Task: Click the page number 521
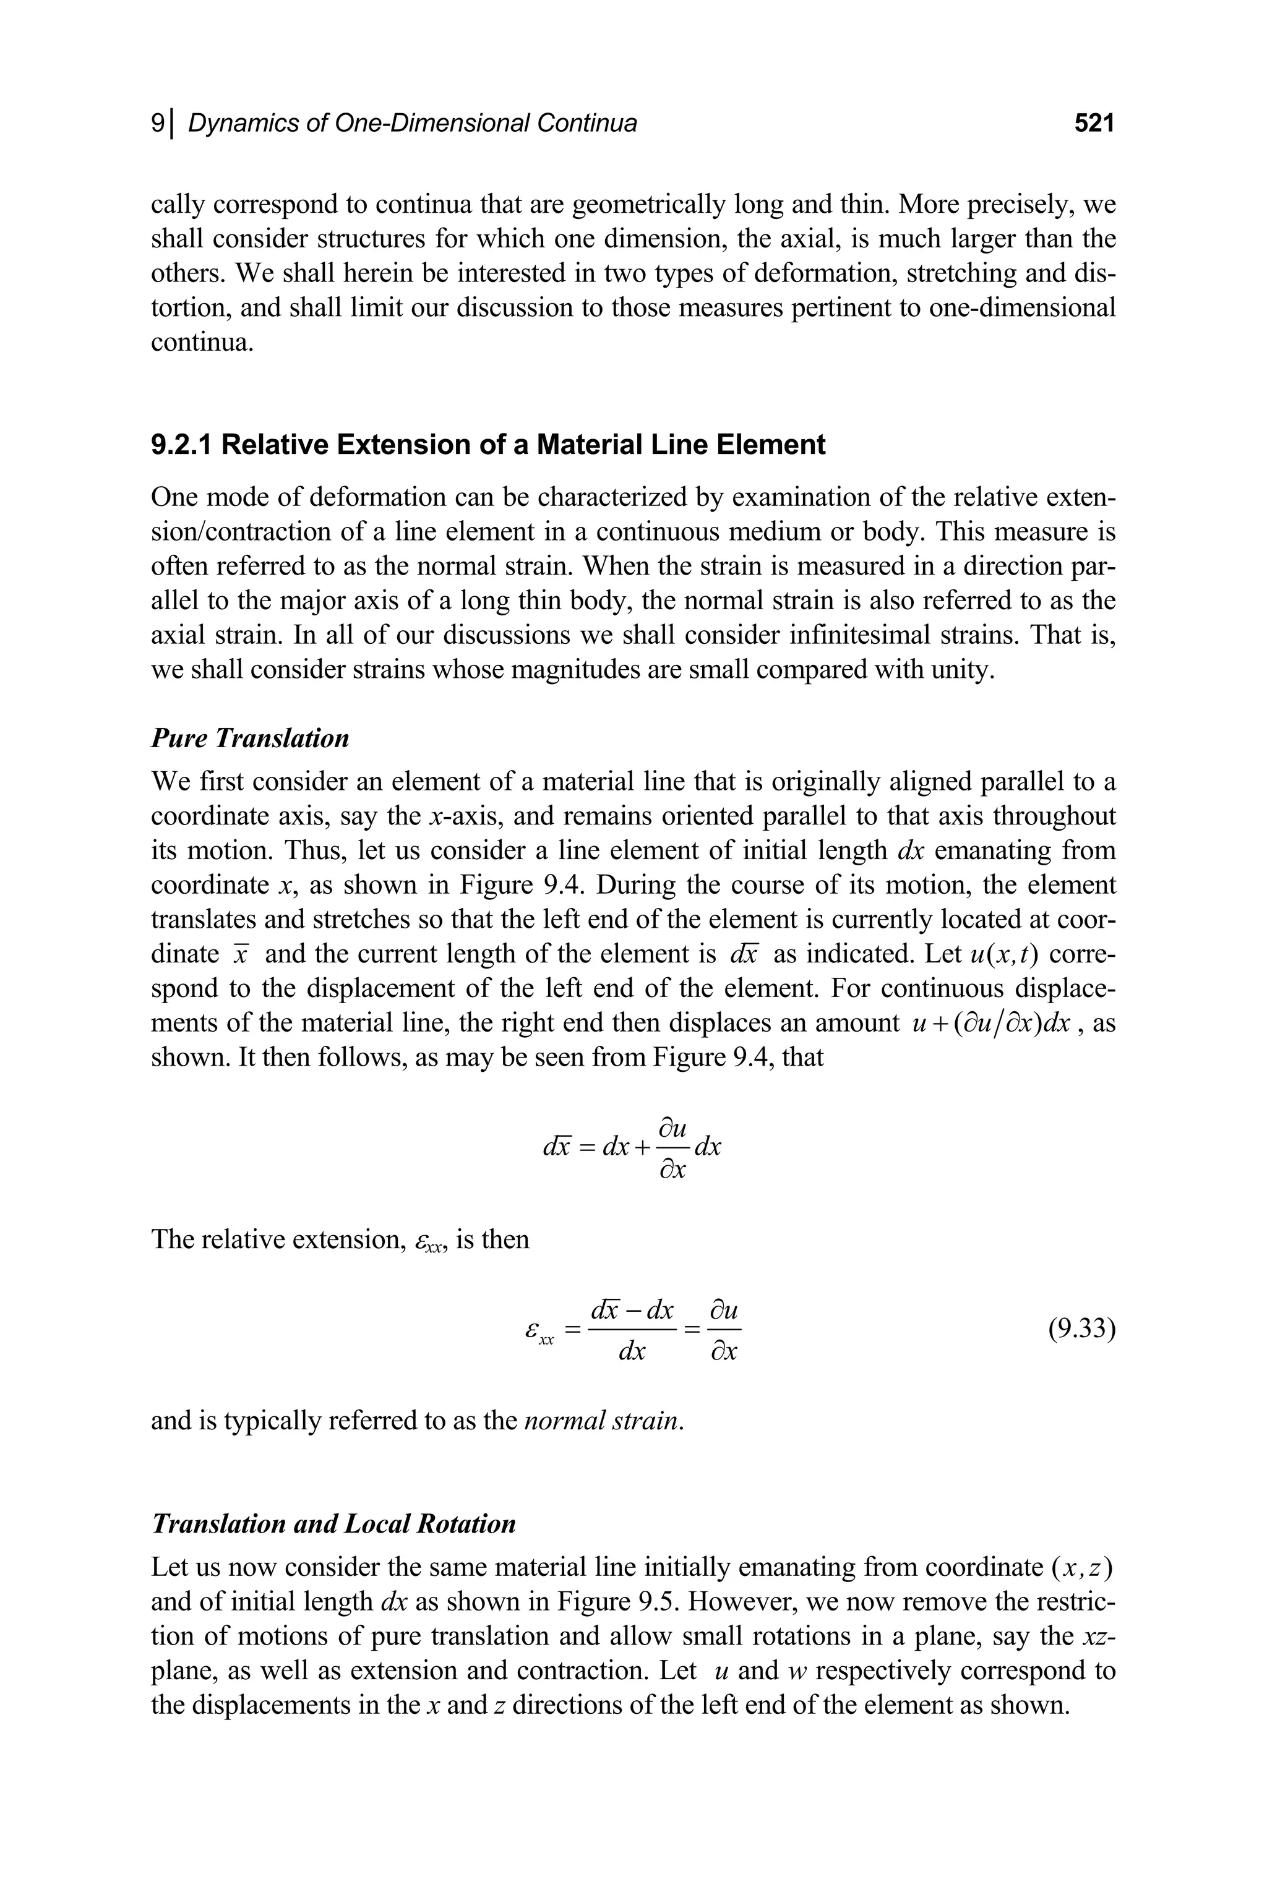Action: point(1094,123)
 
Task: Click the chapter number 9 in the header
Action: point(158,123)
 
